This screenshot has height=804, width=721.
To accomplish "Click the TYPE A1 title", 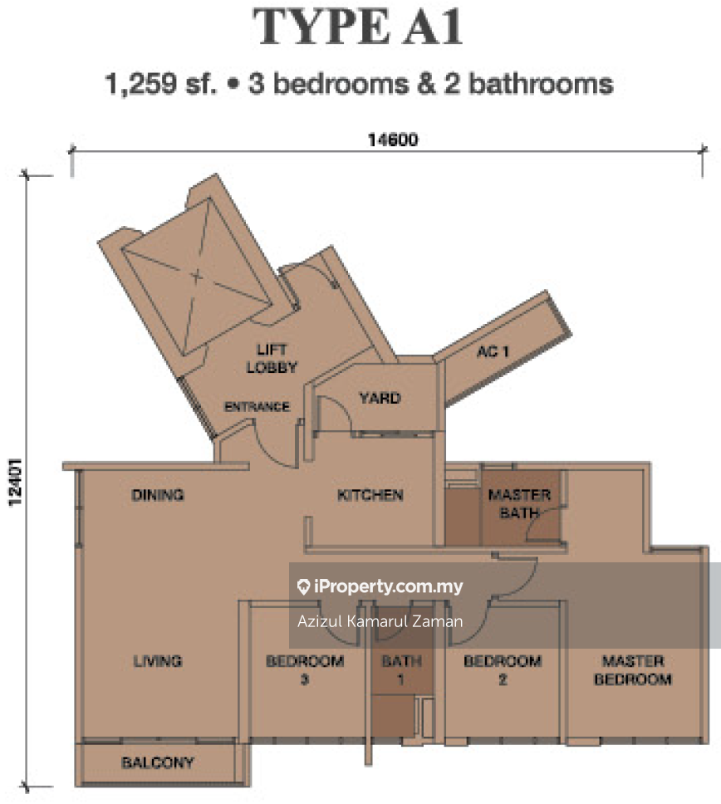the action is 358,27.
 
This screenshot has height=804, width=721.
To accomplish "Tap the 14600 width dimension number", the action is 393,140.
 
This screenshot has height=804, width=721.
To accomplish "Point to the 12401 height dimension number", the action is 16,482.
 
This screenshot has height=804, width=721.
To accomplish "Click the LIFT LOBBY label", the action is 272,359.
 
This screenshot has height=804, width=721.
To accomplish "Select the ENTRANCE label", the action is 257,407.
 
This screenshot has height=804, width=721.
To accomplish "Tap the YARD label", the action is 380,398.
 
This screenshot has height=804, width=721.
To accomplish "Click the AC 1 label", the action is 493,352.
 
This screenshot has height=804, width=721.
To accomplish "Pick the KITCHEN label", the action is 370,495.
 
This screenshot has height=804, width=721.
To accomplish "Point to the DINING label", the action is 158,495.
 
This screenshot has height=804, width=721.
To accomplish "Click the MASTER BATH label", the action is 519,503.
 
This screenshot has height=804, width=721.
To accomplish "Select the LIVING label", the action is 158,661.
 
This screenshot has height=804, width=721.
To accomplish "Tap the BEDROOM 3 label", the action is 305,669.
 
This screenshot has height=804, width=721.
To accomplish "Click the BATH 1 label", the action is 401,669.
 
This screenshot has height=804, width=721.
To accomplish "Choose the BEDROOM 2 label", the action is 503,669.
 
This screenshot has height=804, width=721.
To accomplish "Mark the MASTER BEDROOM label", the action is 633,669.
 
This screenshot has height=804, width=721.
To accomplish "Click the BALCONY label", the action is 158,762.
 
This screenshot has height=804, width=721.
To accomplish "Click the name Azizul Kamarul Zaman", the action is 380,621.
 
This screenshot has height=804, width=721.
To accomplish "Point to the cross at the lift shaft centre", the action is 197,277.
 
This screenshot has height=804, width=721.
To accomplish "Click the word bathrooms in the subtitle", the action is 541,84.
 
